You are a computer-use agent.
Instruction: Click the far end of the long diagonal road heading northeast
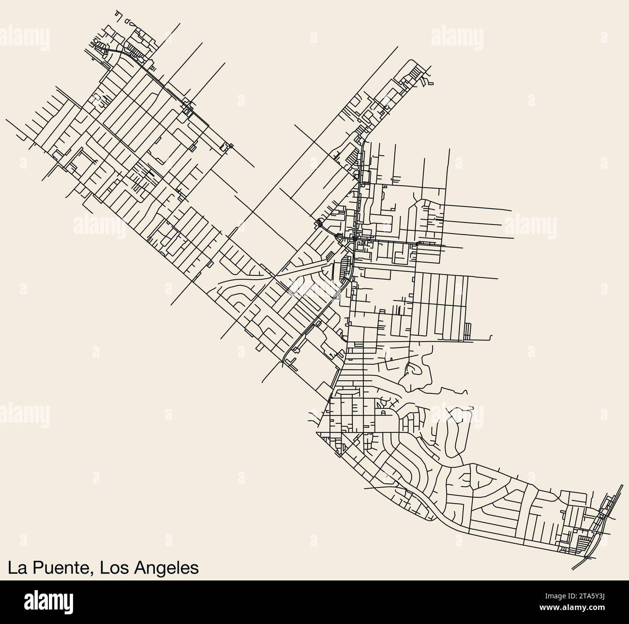click(x=397, y=47)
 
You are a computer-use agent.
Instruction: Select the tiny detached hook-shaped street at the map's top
click(x=118, y=14)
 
